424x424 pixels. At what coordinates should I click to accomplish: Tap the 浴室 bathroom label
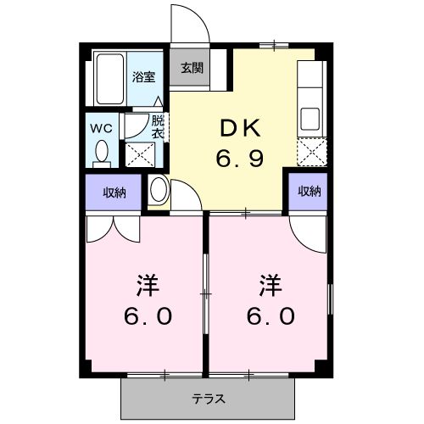pyautogui.click(x=142, y=76)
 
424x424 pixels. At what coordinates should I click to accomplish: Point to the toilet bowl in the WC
pyautogui.click(x=103, y=152)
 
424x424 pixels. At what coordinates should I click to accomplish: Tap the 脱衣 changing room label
pyautogui.click(x=157, y=126)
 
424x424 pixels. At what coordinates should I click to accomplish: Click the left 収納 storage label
pyautogui.click(x=114, y=192)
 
